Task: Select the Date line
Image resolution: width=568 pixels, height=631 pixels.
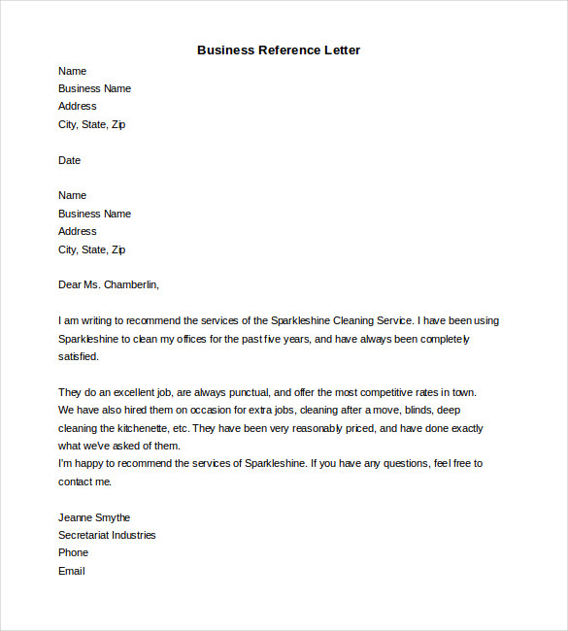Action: (69, 160)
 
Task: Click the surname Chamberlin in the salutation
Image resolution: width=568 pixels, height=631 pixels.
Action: (125, 284)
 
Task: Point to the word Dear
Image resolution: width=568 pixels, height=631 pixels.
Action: (70, 284)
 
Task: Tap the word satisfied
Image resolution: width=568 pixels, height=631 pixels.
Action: (78, 356)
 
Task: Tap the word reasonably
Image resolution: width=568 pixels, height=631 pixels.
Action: (312, 428)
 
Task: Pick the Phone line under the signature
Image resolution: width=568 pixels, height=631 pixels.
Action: (73, 552)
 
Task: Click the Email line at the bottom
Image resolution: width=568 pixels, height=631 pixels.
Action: (71, 571)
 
